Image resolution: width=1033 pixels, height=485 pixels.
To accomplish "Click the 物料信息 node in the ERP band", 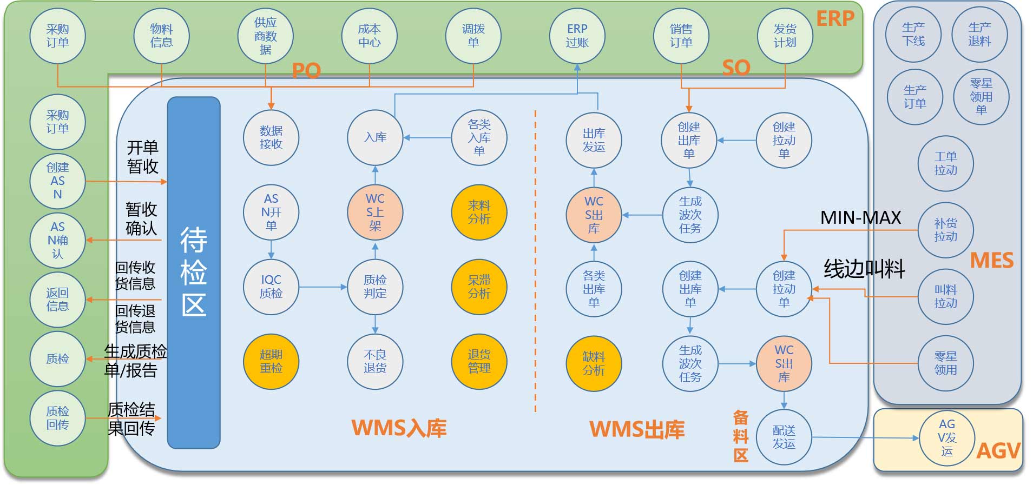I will coord(161,36).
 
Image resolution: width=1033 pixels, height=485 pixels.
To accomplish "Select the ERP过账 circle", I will coord(577,36).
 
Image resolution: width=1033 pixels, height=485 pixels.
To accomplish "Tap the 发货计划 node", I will coord(785,36).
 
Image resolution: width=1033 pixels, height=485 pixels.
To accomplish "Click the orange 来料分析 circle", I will coord(479,212).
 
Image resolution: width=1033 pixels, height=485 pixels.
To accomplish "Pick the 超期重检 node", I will coord(271,361).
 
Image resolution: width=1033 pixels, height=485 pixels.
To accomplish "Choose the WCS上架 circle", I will coord(375,212).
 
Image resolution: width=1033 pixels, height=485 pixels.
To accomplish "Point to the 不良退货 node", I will coord(375,361).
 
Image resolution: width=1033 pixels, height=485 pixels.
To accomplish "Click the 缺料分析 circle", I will coord(594,363).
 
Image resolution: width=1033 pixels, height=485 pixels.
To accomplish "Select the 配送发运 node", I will coord(784,437).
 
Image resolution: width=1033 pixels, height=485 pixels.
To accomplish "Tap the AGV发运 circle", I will coord(947,438).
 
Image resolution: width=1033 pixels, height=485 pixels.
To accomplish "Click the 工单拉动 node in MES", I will coord(945,163).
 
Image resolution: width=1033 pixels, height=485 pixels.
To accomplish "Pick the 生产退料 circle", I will coord(979,34).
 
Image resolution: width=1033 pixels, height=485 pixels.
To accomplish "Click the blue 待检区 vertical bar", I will coord(194,273).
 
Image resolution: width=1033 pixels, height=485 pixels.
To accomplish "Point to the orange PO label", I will coord(306,70).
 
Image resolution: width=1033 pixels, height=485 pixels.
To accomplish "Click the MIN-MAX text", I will coord(860,217).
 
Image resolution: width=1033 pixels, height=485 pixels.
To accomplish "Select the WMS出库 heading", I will coord(637,429).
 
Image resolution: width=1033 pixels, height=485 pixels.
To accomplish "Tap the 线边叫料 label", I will coord(864,269).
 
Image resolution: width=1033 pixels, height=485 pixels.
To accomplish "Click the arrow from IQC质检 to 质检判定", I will coord(323,287).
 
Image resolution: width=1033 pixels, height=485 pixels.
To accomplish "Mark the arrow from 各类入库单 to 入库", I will coord(427,138).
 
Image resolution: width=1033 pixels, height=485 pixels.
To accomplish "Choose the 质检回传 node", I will coord(57,418).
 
